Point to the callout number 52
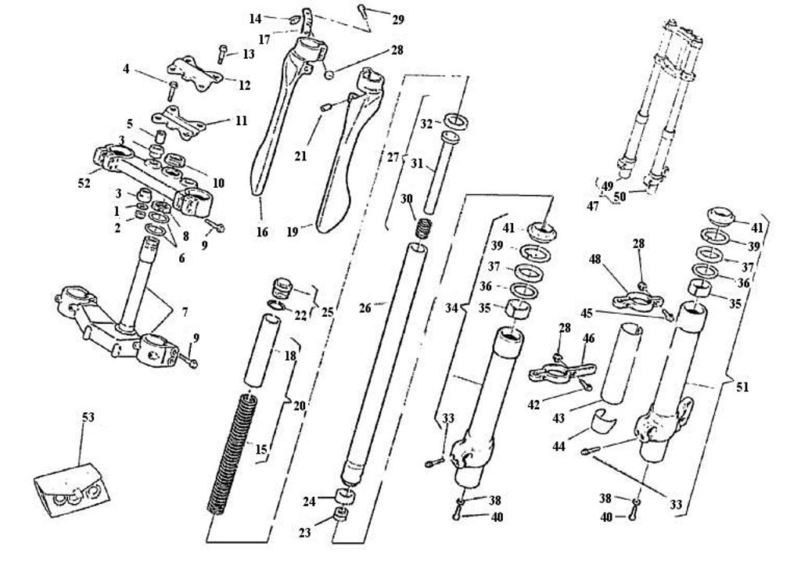pos(84,183)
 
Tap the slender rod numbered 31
pos(430,172)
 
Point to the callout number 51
pos(742,386)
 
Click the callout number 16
pos(262,232)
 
